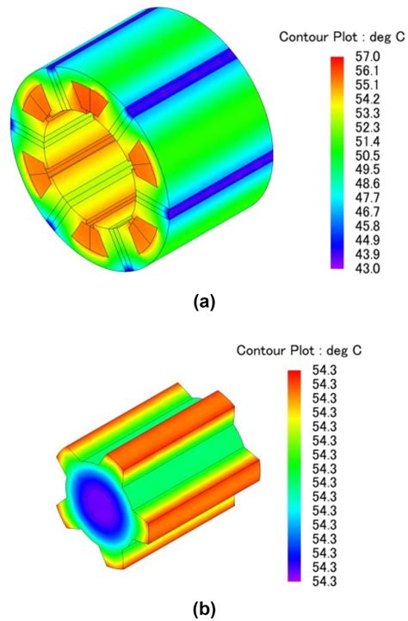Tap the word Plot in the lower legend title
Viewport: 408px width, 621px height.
(312, 351)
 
